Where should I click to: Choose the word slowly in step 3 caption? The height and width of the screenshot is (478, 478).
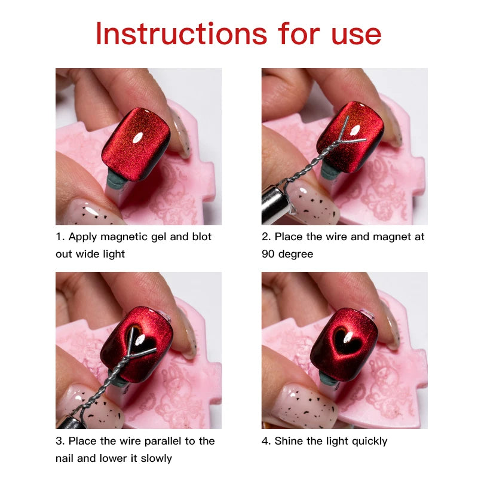[x=152, y=458]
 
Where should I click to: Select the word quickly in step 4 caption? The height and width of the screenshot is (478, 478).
[x=366, y=441]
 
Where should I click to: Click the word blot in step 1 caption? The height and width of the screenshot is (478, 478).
[x=201, y=237]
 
